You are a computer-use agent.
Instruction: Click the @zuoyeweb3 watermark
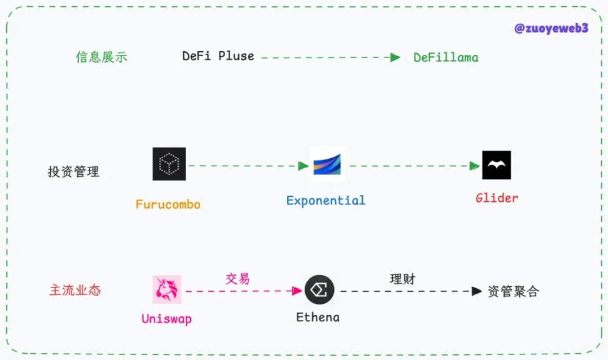pos(550,28)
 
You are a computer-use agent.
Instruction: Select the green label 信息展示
pos(101,57)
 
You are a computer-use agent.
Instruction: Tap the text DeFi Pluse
pos(218,56)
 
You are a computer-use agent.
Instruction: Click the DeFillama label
pos(446,57)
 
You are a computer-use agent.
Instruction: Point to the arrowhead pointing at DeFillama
pos(395,57)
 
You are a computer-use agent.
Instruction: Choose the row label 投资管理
pos(73,172)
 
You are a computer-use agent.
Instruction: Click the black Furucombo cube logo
pos(169,164)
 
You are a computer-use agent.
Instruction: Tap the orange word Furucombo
pos(168,204)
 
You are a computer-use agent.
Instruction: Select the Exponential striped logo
pos(327,164)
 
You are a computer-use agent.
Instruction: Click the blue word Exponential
pos(325,201)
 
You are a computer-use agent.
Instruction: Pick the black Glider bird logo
pos(497,165)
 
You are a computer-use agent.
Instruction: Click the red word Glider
pos(497,198)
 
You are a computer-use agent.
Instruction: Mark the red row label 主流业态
pos(75,291)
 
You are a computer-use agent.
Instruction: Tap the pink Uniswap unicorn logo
pos(167,289)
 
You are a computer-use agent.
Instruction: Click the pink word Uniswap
pos(166,319)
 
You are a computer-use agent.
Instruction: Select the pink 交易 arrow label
pos(238,279)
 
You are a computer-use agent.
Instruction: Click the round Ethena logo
pos(320,290)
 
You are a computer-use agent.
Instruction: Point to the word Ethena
pos(318,317)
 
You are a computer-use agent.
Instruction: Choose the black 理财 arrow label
pos(403,279)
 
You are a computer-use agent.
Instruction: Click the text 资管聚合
pos(513,291)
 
